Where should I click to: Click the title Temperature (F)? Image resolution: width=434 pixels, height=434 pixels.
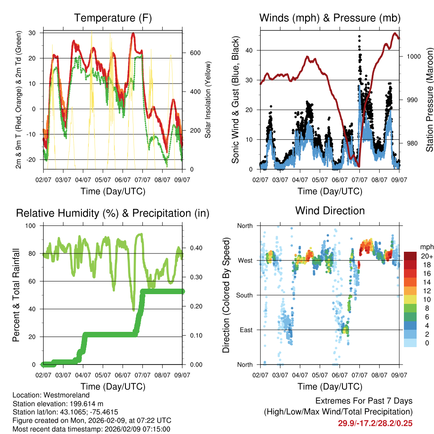tap(113, 18)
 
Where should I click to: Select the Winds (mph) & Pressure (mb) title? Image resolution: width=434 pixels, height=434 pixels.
tap(330, 18)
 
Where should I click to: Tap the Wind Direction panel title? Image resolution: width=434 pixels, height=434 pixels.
tap(330, 211)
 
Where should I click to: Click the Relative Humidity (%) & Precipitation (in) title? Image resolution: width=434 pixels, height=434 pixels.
tap(113, 213)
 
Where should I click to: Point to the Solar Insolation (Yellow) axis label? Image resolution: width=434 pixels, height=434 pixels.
tap(208, 101)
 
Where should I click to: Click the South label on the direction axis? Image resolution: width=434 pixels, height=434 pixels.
tap(245, 295)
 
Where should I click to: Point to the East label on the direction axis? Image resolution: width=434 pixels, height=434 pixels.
tap(246, 330)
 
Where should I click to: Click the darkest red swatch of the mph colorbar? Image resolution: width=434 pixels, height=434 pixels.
tap(410, 256)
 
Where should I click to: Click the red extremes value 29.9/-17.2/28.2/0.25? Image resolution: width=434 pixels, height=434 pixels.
tap(375, 423)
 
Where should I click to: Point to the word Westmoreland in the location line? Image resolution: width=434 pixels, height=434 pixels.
tap(60, 394)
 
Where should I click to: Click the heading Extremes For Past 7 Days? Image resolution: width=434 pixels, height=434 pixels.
tap(364, 401)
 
